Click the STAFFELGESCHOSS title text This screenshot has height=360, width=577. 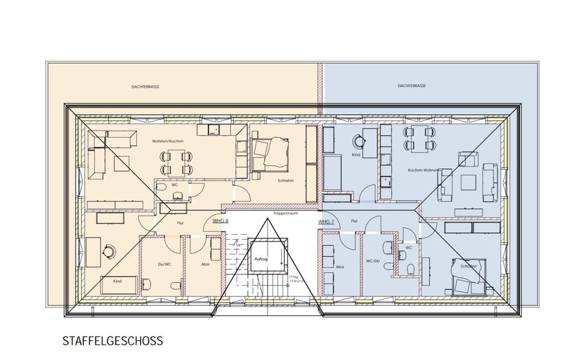(112, 341)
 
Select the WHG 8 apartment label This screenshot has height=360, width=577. (220, 221)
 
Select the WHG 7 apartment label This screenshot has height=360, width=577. (325, 222)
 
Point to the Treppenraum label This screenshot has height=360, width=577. (282, 213)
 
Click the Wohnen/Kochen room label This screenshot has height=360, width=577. (168, 141)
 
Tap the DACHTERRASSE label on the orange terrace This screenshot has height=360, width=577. (145, 87)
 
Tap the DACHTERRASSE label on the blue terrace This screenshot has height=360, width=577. (412, 86)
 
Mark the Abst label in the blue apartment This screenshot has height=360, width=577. (340, 266)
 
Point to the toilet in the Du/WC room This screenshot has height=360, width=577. (176, 286)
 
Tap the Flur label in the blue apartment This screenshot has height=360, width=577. (354, 221)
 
